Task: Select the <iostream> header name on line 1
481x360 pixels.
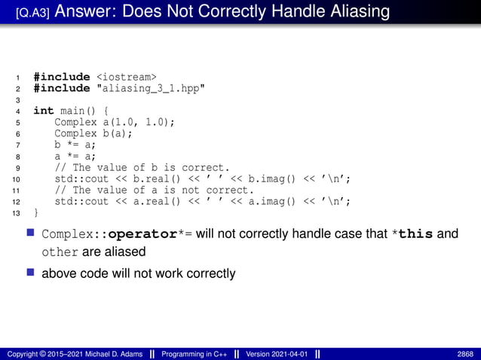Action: tap(127, 77)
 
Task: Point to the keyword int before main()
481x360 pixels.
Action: tap(44, 111)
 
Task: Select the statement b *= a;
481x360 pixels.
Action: tap(75, 145)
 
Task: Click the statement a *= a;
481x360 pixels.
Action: tap(75, 156)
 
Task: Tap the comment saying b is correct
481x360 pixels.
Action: tap(142, 167)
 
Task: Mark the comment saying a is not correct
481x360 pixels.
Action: tap(154, 190)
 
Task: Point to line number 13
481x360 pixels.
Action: tap(17, 213)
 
